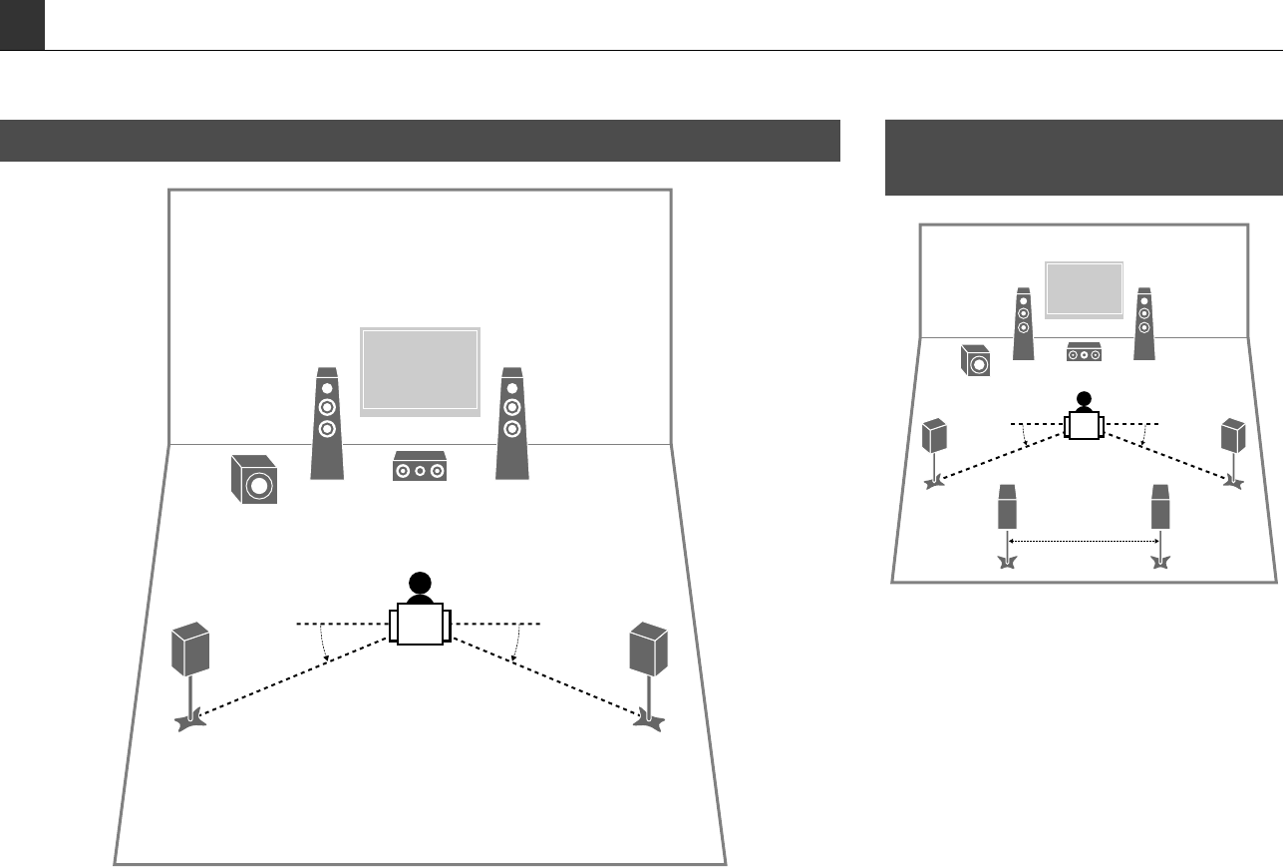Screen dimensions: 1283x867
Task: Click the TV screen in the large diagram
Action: point(420,370)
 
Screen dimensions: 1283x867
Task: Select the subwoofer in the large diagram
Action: point(252,480)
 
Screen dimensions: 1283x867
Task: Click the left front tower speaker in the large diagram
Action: point(326,424)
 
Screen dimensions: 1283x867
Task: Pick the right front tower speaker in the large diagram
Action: point(511,424)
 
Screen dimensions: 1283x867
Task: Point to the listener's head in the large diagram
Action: point(420,585)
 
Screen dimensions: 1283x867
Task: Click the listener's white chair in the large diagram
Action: point(420,625)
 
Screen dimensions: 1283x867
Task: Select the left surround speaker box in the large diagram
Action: point(190,649)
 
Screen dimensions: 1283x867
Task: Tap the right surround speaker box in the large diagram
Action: point(648,649)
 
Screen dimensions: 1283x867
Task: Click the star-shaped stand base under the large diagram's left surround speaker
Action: point(190,718)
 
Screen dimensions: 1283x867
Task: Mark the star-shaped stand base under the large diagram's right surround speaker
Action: point(648,718)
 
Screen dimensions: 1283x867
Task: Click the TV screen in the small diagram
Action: point(1084,289)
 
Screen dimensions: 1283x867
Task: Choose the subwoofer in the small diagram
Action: point(976,360)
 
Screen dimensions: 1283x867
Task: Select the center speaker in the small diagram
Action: point(1084,353)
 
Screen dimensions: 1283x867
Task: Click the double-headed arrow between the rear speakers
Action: point(1084,541)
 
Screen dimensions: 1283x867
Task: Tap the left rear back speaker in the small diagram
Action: point(1008,509)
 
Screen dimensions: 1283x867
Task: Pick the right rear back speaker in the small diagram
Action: point(1159,509)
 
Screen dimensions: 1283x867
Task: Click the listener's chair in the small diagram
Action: point(1084,427)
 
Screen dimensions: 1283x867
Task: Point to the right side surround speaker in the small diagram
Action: point(1234,436)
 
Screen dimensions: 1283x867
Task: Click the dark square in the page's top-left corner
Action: point(22,25)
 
